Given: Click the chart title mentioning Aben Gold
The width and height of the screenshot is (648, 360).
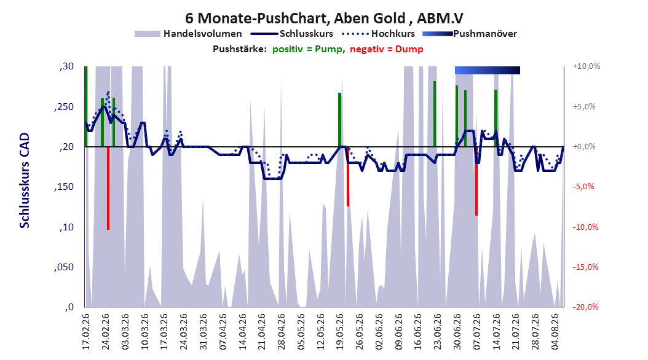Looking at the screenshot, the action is click(324, 18).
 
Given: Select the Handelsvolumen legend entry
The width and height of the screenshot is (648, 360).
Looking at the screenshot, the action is click(189, 34).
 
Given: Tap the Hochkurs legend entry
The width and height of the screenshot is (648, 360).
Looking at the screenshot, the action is click(379, 34).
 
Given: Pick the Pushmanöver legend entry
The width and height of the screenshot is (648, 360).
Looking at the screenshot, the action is click(470, 34).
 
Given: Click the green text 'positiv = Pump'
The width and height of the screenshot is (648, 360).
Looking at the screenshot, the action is click(307, 49).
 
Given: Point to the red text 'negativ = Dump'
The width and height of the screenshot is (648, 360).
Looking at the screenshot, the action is click(387, 49).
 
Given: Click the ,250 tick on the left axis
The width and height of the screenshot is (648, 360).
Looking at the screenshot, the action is click(64, 106).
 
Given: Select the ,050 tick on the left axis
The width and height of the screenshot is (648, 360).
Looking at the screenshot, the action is click(64, 267).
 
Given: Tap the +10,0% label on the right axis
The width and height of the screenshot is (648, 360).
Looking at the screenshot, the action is click(587, 66).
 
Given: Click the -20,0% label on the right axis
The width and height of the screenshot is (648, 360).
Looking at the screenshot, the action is click(585, 307).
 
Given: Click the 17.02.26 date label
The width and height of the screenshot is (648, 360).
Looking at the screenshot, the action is click(86, 332).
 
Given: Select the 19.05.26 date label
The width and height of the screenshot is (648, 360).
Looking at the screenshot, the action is click(340, 332).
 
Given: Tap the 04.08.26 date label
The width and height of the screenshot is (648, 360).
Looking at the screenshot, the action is click(555, 332).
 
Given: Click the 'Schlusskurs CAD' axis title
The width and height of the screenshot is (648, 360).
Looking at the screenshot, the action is click(25, 181).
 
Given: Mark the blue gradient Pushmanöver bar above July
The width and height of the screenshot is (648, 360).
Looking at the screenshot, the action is click(488, 70).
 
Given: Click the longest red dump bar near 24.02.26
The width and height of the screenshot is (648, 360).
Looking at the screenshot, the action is click(108, 188).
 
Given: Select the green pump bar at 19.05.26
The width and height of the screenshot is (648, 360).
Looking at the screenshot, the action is click(340, 120).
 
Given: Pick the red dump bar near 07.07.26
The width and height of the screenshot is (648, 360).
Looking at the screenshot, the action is click(476, 181).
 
